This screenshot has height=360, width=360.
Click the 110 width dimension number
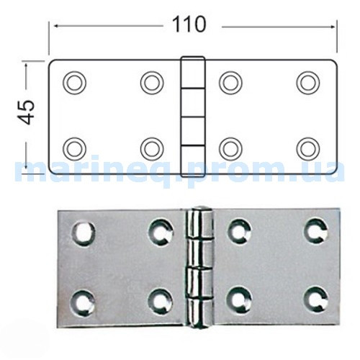tap(189, 24)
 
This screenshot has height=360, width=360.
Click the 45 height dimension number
tap(26, 112)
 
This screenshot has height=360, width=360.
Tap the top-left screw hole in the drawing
tap(74, 83)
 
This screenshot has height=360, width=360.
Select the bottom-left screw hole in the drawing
tap(74, 149)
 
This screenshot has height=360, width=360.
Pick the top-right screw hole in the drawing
tap(308, 83)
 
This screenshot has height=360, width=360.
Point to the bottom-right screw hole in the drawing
tap(308, 149)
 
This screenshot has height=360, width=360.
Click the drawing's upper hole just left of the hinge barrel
tap(152, 83)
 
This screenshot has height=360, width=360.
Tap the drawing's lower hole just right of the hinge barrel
tap(230, 149)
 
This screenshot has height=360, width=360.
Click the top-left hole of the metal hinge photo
tap(84, 234)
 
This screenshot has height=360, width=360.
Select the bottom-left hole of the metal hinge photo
tap(82, 303)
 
